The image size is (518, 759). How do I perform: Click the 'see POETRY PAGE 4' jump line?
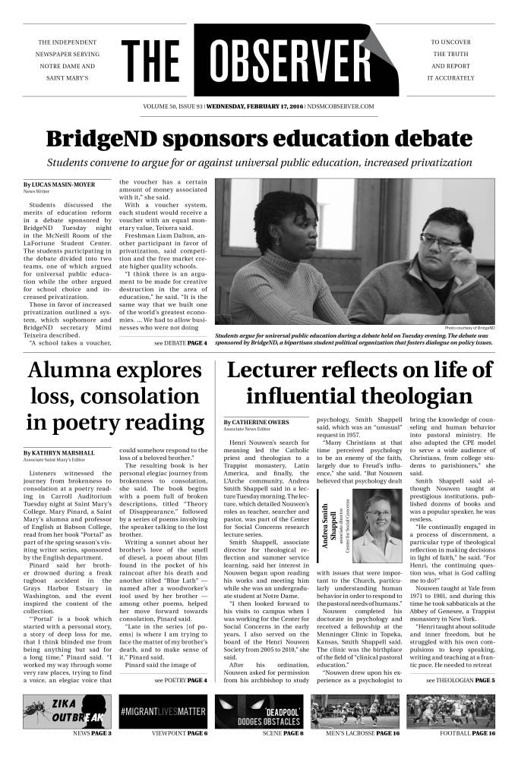180,681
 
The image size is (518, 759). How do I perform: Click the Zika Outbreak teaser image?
68,711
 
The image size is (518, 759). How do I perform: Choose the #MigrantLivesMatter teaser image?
163,711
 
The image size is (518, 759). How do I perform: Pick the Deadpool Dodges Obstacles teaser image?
259,711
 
